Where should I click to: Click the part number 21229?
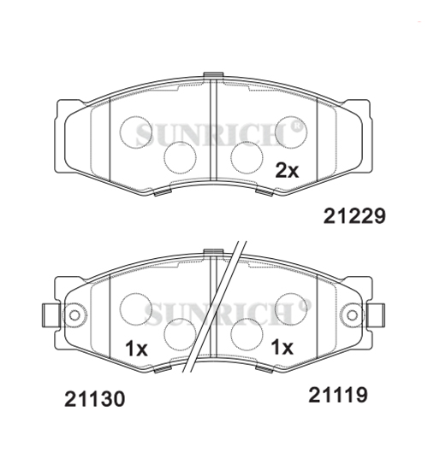[x=354, y=216]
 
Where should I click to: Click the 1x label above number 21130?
[x=136, y=349]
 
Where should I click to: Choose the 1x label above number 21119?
[x=282, y=348]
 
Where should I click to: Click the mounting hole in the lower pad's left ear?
[x=74, y=316]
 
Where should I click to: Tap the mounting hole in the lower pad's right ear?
[x=352, y=316]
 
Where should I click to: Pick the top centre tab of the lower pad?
[x=212, y=252]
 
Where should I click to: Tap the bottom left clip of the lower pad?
[x=159, y=369]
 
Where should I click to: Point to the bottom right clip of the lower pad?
[x=265, y=369]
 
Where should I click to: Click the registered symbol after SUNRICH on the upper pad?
[x=297, y=128]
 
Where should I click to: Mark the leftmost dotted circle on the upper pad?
[x=136, y=132]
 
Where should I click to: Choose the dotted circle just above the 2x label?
[x=290, y=131]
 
